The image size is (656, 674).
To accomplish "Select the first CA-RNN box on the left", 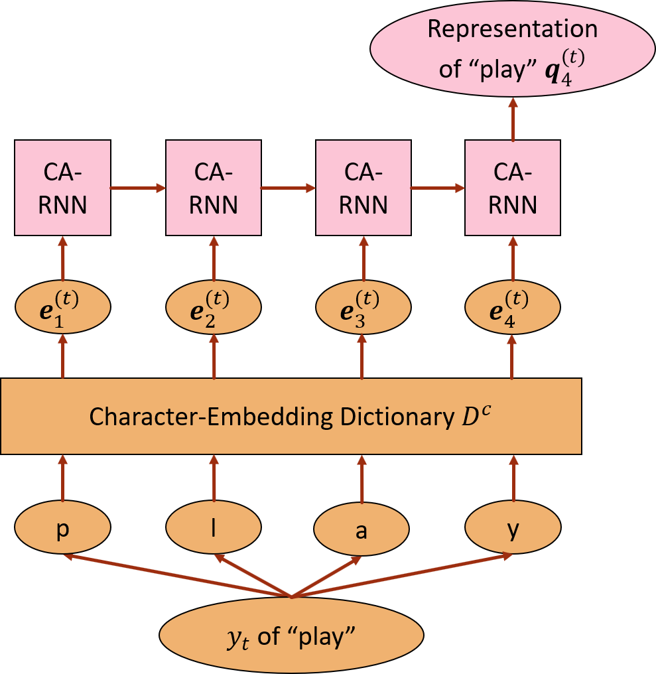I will [63, 188].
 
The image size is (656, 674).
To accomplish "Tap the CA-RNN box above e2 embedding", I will [214, 188].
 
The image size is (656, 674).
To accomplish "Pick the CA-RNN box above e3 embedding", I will [363, 188].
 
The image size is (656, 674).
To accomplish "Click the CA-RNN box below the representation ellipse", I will [512, 188].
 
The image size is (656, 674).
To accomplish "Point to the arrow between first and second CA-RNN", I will [138, 188].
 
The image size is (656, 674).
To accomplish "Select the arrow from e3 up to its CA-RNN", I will [363, 263].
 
